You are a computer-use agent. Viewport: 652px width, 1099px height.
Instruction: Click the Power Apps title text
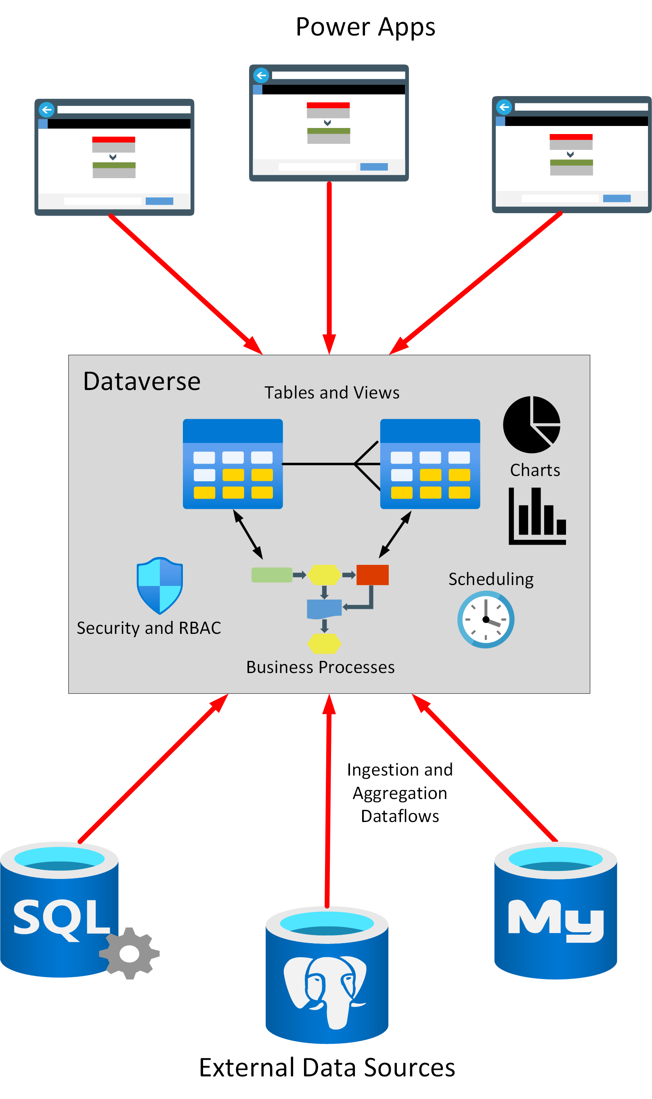click(365, 27)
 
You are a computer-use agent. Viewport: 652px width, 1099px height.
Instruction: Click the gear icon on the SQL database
click(129, 953)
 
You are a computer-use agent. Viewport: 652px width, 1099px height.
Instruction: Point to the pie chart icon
click(531, 425)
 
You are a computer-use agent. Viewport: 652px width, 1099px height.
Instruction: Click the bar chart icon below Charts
click(537, 516)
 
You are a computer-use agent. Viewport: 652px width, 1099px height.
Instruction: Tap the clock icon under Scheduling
click(486, 619)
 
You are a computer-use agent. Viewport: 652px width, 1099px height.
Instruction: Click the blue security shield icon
click(159, 585)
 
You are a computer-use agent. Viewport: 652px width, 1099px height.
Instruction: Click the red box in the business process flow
click(372, 575)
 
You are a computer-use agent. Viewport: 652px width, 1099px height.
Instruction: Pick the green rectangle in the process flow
click(272, 575)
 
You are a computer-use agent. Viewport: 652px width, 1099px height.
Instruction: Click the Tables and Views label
click(332, 393)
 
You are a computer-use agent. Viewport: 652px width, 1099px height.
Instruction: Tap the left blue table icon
click(233, 464)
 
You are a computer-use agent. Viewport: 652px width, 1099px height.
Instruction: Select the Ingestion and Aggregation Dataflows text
click(399, 793)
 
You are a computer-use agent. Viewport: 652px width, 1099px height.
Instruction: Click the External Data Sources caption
click(327, 1068)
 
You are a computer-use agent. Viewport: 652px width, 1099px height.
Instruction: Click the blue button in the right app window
click(616, 199)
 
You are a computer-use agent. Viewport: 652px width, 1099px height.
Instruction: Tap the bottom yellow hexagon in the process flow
click(324, 644)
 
